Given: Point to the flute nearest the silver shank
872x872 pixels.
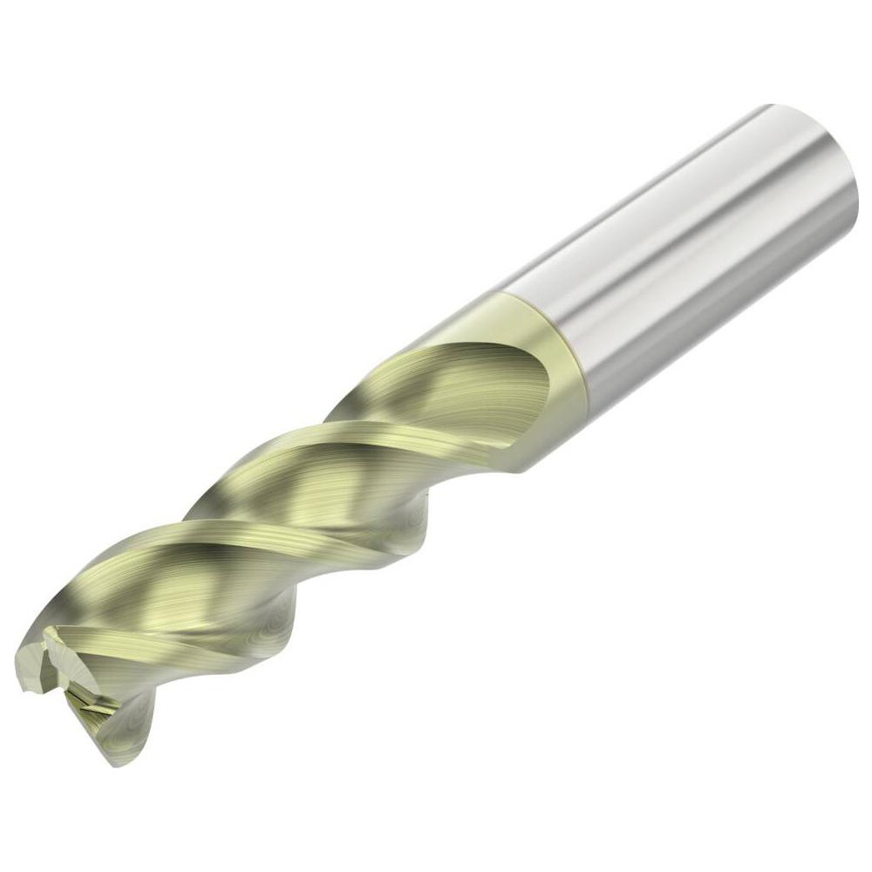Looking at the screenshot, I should [462, 384].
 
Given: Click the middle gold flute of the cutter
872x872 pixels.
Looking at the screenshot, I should [314, 488].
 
